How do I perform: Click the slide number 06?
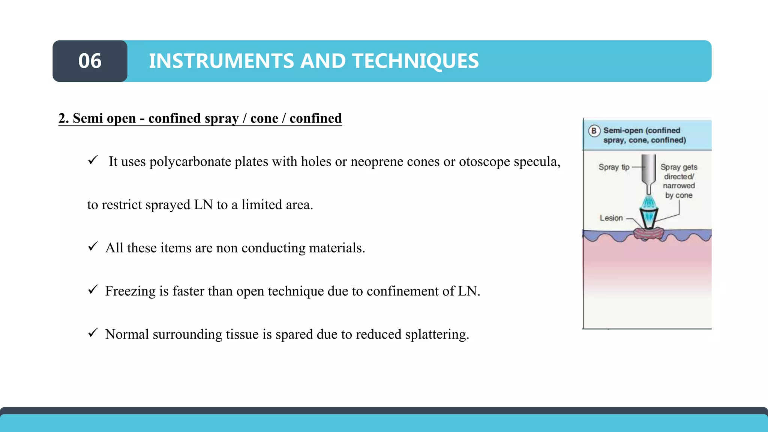[x=90, y=61]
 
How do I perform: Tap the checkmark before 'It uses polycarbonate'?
[x=93, y=160]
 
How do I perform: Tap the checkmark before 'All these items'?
[x=93, y=246]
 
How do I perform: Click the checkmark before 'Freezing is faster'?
[x=93, y=289]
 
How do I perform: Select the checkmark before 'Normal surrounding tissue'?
[x=93, y=333]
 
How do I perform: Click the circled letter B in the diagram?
[x=594, y=131]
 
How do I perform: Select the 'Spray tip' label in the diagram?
[x=614, y=167]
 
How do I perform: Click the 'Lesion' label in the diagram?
[x=611, y=218]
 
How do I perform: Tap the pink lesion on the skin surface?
[x=648, y=234]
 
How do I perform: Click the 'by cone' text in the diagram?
[x=678, y=195]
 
